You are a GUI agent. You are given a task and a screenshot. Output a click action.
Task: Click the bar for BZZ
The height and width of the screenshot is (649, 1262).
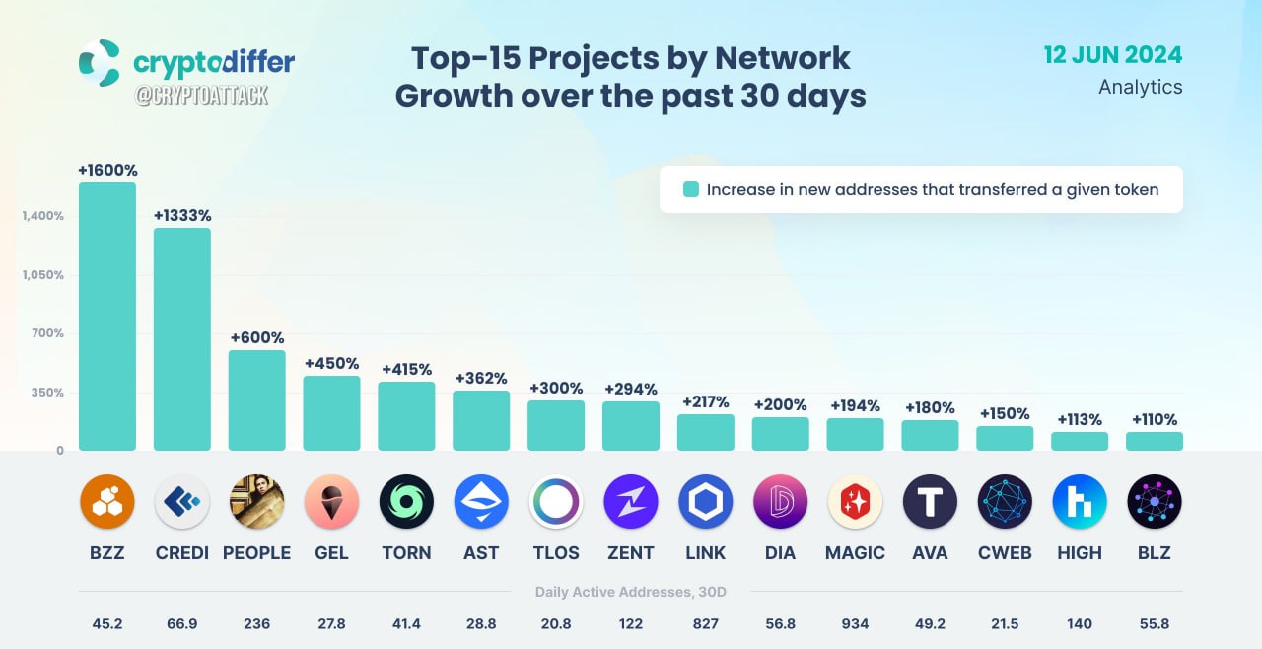(x=107, y=316)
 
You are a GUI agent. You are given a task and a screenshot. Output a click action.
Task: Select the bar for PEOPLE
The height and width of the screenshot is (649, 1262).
(x=257, y=400)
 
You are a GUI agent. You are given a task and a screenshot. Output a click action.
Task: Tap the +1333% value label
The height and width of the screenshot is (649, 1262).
(x=182, y=215)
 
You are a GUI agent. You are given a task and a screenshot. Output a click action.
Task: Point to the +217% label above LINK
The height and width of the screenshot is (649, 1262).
(x=705, y=401)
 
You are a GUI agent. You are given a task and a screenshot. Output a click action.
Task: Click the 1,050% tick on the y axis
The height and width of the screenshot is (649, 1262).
(x=42, y=275)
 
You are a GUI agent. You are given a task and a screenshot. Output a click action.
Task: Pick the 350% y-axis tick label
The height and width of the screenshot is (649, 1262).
(x=47, y=393)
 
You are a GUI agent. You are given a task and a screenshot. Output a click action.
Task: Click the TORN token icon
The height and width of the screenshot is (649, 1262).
(x=406, y=501)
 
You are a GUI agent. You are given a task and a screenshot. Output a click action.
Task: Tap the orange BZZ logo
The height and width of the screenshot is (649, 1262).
(x=107, y=501)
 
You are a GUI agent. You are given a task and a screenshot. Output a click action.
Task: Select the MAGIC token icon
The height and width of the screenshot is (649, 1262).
(x=855, y=501)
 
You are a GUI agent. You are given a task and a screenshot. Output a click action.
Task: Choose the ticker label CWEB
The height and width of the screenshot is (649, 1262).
(x=1005, y=553)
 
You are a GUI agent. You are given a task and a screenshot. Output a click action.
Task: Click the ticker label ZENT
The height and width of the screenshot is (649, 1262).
(x=630, y=553)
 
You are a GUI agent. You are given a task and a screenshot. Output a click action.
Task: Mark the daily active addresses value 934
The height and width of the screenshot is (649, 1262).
(x=855, y=623)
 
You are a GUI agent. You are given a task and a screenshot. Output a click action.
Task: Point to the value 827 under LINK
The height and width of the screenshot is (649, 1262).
(x=705, y=623)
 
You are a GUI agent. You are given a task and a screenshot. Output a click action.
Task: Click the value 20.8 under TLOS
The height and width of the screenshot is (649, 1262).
(x=556, y=623)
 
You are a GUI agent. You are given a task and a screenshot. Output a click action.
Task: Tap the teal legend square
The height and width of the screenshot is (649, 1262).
(x=691, y=189)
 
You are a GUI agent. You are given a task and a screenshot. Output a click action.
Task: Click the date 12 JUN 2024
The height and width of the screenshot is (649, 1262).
(x=1113, y=55)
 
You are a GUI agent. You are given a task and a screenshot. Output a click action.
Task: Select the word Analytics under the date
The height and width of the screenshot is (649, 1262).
(x=1141, y=88)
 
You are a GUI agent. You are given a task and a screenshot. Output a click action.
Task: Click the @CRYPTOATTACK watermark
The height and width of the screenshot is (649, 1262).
(x=201, y=96)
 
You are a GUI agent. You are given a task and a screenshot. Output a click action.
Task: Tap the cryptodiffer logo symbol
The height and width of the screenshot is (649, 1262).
(x=101, y=63)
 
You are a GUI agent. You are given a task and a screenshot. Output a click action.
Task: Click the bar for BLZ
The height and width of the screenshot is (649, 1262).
(x=1154, y=441)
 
